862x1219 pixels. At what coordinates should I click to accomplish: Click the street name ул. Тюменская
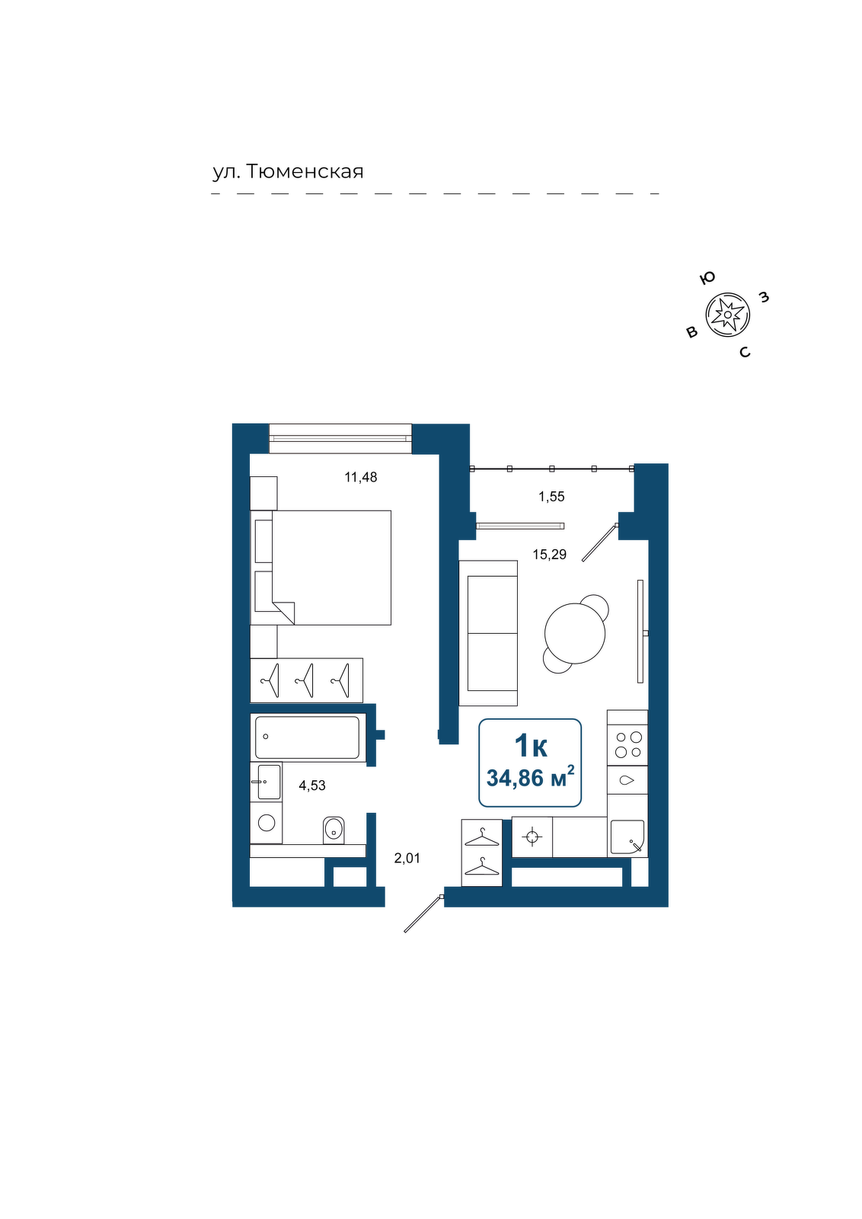click(288, 171)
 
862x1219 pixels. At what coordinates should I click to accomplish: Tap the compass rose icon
click(728, 314)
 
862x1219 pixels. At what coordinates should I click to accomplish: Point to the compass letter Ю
click(707, 279)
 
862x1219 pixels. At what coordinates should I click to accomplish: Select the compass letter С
click(745, 353)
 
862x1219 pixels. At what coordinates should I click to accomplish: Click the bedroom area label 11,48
click(361, 477)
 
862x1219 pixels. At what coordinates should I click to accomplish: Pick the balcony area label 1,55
click(551, 496)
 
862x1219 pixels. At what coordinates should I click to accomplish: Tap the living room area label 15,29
click(549, 555)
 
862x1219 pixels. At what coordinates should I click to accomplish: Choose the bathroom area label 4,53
click(312, 785)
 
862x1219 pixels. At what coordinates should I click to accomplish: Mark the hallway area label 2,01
click(407, 858)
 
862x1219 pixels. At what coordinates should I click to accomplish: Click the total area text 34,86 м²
click(530, 778)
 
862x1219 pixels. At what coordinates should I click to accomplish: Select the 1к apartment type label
click(531, 746)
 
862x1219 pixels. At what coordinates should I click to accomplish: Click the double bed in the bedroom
click(321, 568)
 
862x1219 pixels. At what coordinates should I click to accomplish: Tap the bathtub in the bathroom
click(308, 737)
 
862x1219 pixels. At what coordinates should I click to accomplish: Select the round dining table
click(575, 633)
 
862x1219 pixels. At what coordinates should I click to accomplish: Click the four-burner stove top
click(627, 745)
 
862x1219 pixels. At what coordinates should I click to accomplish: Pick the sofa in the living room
click(488, 633)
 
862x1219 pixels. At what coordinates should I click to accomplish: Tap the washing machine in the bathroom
click(266, 822)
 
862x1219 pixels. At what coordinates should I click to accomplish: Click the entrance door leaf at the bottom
click(423, 913)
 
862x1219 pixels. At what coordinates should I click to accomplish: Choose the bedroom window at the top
click(340, 438)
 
